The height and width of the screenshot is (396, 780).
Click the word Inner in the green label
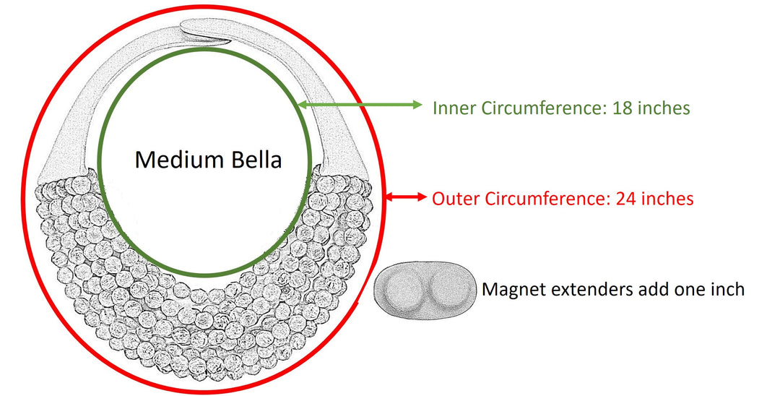451,108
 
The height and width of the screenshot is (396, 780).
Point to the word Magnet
511,290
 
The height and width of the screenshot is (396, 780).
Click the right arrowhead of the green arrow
416,106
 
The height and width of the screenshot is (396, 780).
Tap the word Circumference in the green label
539,108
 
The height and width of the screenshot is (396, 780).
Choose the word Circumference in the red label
542,198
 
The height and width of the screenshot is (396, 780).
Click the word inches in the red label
669,198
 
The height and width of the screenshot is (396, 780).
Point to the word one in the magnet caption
690,290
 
